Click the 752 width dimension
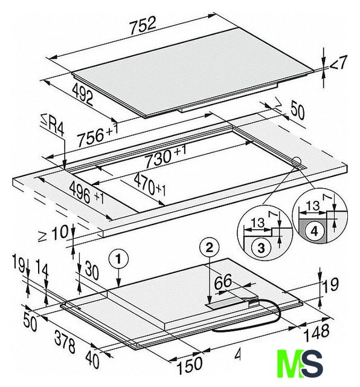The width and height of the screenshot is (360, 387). pos(143,25)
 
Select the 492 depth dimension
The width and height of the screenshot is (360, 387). pos(83,95)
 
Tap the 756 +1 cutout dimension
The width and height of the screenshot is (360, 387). pos(97,135)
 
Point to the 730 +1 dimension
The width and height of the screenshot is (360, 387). pos(165,156)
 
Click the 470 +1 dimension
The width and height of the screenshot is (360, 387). pos(150,185)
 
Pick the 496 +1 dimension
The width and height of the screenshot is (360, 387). pos(86,193)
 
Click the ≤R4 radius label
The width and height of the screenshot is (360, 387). pos(53,126)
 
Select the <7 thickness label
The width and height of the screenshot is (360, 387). pos(338,63)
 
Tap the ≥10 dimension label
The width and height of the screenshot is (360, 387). pos(53,233)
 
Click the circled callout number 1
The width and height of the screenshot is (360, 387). pos(118,259)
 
